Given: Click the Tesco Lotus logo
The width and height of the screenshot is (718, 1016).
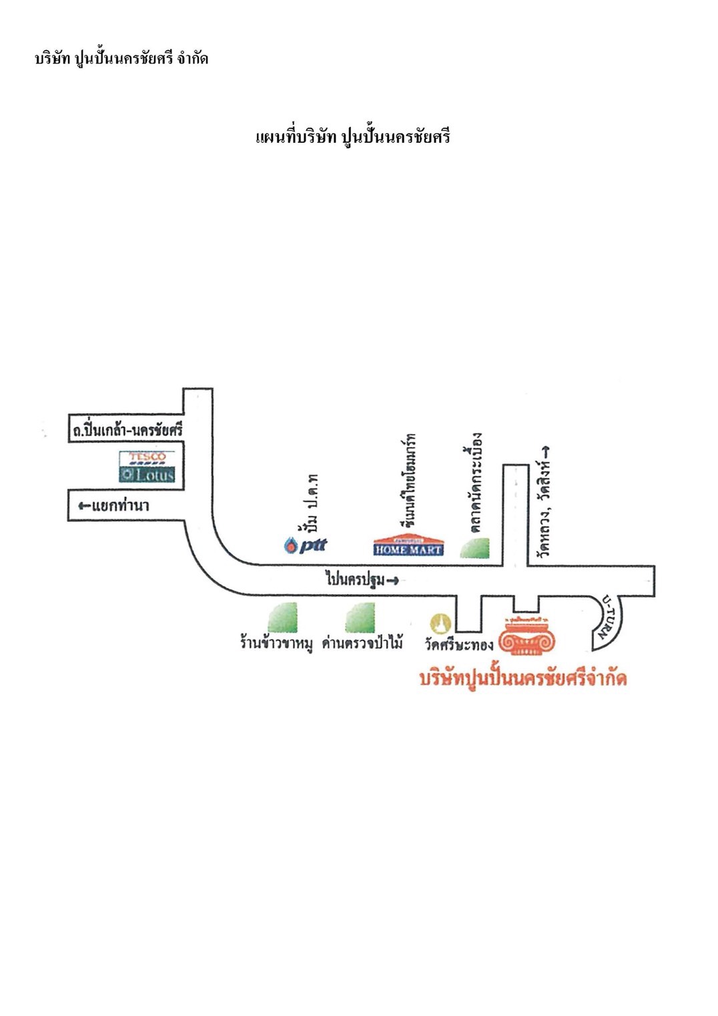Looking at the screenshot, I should pos(147,467).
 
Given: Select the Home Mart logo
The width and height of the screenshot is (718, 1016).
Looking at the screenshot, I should pos(408,546).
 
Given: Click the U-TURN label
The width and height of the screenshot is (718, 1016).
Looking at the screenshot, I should pos(609,617).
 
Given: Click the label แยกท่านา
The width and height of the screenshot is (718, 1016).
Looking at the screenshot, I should pos(114,506).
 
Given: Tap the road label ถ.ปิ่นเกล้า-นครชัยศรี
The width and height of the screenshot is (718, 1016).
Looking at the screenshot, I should pos(127,430).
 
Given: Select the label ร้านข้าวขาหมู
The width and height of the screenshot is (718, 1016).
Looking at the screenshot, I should pos(276,644).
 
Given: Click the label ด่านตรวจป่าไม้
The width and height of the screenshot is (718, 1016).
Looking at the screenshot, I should pos(362,644).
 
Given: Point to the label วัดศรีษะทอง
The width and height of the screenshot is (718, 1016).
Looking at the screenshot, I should pos(459,644).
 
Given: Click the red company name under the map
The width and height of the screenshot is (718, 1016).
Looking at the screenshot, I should pos(523,678).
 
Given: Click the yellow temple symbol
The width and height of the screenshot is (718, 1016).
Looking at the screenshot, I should pos(440,623).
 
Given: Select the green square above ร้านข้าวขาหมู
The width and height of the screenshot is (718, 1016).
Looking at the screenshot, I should pos(283,617).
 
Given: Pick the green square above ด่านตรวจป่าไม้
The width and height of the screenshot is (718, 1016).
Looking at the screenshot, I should pos(360,617).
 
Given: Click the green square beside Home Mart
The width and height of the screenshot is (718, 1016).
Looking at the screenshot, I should pos(475,547).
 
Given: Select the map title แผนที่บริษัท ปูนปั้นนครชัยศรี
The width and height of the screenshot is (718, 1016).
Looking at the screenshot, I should pos(353,137).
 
